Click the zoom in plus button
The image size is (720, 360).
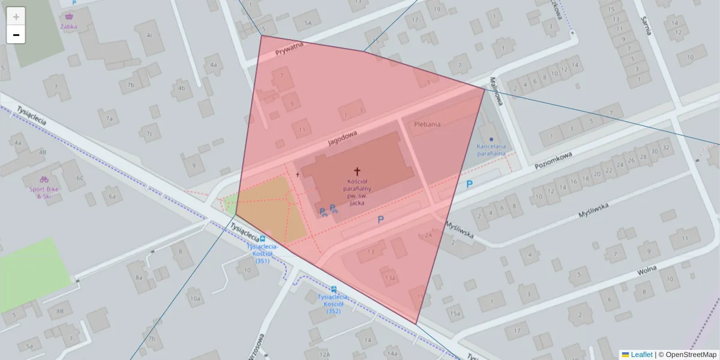coord(16,17)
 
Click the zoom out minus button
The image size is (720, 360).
coord(16,35)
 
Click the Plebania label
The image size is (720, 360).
coord(427,124)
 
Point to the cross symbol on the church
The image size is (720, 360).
coord(358,172)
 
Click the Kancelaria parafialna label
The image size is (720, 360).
coord(491,149)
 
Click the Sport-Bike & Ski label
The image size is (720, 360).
coord(44,192)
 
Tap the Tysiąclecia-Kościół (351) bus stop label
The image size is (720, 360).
coord(262,253)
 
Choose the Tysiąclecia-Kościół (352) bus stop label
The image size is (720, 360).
coord(334,303)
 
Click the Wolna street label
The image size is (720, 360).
coord(646,270)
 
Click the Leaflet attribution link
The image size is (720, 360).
coord(641,355)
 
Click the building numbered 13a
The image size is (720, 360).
coord(390,278)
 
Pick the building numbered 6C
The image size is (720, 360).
coord(80,178)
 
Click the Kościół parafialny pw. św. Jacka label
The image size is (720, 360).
coord(358,192)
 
